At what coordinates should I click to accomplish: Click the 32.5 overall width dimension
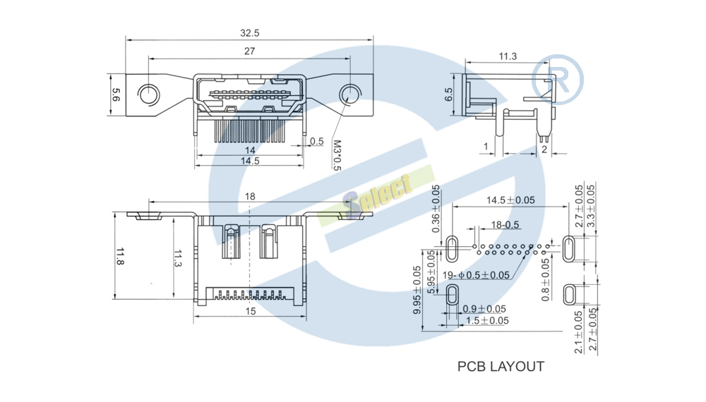click(x=249, y=33)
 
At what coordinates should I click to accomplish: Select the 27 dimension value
click(x=249, y=51)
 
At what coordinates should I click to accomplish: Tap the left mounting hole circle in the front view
click(x=148, y=95)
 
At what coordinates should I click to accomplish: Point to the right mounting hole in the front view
click(x=350, y=95)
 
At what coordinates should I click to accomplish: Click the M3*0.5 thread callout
click(x=337, y=155)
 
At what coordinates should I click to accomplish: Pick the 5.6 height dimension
click(x=116, y=95)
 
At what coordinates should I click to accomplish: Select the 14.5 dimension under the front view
click(x=250, y=161)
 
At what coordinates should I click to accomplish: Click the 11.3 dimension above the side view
click(x=508, y=56)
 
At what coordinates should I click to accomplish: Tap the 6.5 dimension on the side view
click(x=449, y=95)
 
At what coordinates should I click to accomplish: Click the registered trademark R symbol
click(x=558, y=80)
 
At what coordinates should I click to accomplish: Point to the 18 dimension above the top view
click(x=250, y=197)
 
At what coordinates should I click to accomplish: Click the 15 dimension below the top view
click(x=251, y=311)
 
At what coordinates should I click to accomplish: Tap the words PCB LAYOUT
click(x=501, y=367)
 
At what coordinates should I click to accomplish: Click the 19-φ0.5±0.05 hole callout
click(x=476, y=275)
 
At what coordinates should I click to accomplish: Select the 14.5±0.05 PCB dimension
click(x=510, y=200)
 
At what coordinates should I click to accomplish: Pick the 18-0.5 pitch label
click(x=505, y=225)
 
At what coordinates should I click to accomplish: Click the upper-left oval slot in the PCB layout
click(x=452, y=248)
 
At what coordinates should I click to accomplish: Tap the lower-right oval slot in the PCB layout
click(x=570, y=294)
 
